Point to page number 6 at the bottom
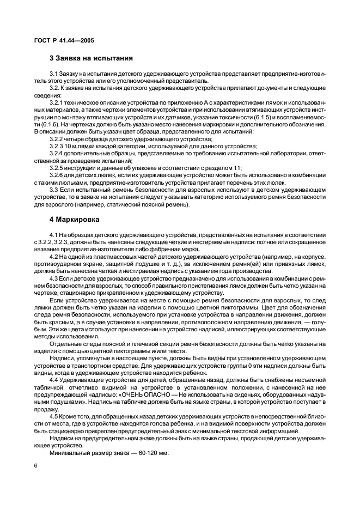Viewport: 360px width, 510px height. click(x=35, y=466)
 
